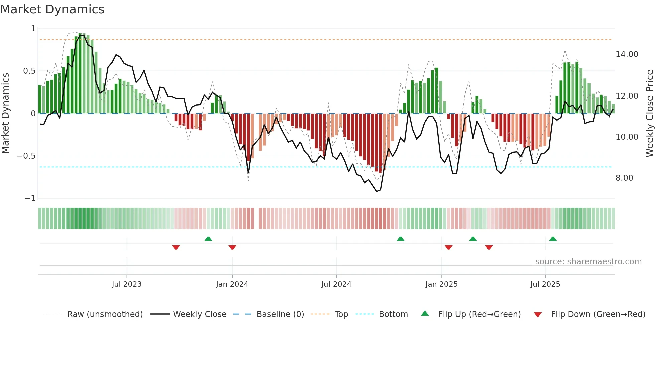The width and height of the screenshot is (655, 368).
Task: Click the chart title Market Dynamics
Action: click(x=52, y=9)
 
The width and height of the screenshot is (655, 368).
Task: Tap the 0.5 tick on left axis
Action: click(x=29, y=71)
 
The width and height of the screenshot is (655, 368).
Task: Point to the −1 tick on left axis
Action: click(x=30, y=198)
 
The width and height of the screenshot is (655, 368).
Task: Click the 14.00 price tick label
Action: click(x=627, y=54)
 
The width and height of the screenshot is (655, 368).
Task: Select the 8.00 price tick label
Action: click(x=624, y=178)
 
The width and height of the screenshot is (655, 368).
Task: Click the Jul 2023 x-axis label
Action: click(x=127, y=284)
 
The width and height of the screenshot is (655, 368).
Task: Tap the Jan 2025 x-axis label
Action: click(x=441, y=284)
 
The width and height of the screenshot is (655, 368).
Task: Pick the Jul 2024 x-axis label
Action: click(x=336, y=284)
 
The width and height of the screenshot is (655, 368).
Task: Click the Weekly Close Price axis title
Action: click(x=649, y=113)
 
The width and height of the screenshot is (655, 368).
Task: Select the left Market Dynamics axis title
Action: click(x=5, y=113)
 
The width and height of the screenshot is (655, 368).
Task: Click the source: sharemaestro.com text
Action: click(x=588, y=262)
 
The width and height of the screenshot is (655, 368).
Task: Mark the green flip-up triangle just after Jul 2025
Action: click(x=553, y=239)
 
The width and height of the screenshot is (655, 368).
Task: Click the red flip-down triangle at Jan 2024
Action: click(x=232, y=247)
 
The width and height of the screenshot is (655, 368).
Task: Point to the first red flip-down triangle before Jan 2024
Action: click(x=176, y=247)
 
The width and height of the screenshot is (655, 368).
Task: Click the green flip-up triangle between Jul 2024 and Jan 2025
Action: click(x=400, y=239)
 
